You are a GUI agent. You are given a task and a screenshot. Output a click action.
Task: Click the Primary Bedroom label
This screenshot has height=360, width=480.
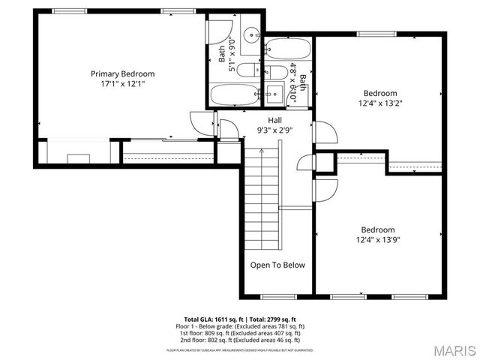tap(122, 73)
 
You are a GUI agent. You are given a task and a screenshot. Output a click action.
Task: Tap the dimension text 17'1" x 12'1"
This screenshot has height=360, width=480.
tap(122, 84)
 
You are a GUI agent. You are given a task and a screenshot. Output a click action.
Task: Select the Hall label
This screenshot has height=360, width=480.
tap(275, 120)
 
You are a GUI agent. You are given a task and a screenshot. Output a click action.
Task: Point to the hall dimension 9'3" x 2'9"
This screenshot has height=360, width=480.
tap(275, 130)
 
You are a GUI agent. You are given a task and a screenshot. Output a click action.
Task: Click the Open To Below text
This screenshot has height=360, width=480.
tap(277, 265)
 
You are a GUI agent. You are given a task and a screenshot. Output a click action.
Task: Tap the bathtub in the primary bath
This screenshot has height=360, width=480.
tap(232, 96)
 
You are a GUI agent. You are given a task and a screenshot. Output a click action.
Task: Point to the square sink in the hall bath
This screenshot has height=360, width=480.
tap(273, 93)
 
